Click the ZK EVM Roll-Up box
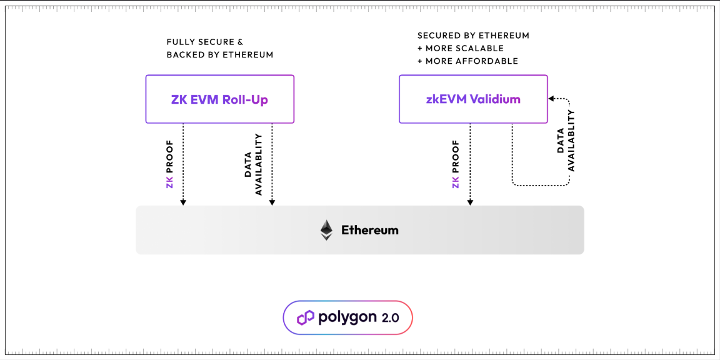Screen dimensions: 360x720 click(219, 99)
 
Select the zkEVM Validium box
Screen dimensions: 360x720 click(473, 99)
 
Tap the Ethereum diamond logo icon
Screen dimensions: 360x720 click(326, 230)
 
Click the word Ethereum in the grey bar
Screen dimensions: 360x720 click(369, 230)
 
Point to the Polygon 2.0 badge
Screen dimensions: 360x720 click(347, 317)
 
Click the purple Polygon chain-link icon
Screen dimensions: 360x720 click(306, 317)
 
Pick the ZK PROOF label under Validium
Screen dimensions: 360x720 click(456, 164)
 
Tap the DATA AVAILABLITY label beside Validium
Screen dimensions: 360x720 click(566, 141)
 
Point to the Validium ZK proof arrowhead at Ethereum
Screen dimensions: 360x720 click(470, 202)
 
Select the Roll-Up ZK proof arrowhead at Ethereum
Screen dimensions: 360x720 click(183, 202)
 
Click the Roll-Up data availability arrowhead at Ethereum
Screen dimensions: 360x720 click(272, 202)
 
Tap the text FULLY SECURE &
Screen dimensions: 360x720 click(204, 42)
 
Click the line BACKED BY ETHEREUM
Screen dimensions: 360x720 click(219, 55)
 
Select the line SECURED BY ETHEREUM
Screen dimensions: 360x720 click(473, 36)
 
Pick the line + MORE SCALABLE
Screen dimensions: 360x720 click(461, 48)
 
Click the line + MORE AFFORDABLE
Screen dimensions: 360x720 click(467, 61)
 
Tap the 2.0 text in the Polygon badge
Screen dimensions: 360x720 click(390, 317)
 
